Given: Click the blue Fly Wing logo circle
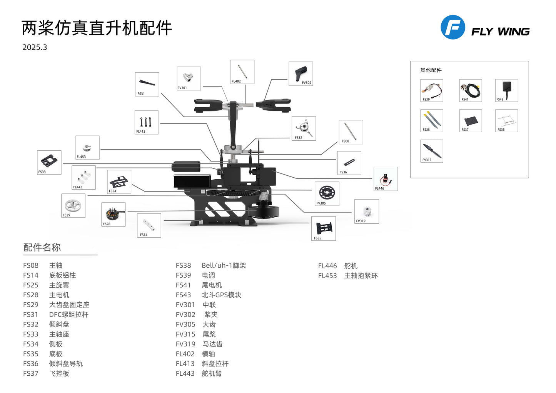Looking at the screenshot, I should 452,27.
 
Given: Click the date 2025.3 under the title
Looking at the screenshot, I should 35,47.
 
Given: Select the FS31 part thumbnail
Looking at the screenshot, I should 147,84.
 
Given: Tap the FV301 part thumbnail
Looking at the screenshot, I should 189,78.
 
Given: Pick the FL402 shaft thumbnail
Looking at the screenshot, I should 242,72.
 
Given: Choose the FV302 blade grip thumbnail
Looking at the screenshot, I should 301,73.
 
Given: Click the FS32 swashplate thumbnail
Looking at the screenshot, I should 304,128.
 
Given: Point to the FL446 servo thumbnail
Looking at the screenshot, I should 386,179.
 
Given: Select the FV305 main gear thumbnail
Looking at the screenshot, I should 327,193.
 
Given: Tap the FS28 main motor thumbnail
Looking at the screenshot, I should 113,214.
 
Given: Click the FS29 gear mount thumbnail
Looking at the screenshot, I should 73,205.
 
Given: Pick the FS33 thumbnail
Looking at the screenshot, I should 49,162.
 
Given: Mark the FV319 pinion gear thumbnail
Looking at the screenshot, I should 367,211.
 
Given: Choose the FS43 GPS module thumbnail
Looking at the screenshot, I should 506,90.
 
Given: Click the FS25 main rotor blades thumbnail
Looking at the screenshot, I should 432,120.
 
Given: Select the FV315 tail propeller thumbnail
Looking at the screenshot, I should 432,151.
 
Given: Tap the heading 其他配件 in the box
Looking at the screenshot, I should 431,70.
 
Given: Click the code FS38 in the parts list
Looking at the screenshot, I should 183,265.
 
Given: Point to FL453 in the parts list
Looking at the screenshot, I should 327,276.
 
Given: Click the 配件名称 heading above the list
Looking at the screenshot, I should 42,247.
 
